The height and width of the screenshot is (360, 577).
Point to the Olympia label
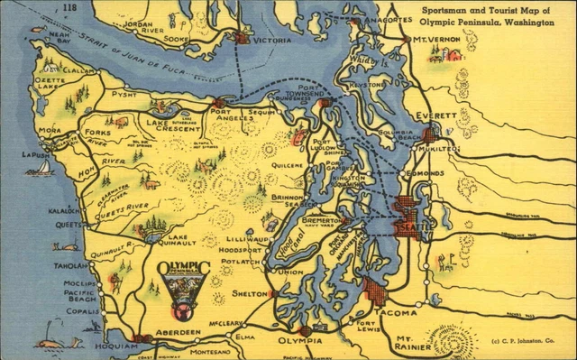click(x=298, y=341)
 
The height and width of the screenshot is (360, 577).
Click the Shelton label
click(x=249, y=293)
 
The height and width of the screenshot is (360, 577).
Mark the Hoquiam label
click(x=106, y=345)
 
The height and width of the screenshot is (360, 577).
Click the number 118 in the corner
click(x=69, y=8)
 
